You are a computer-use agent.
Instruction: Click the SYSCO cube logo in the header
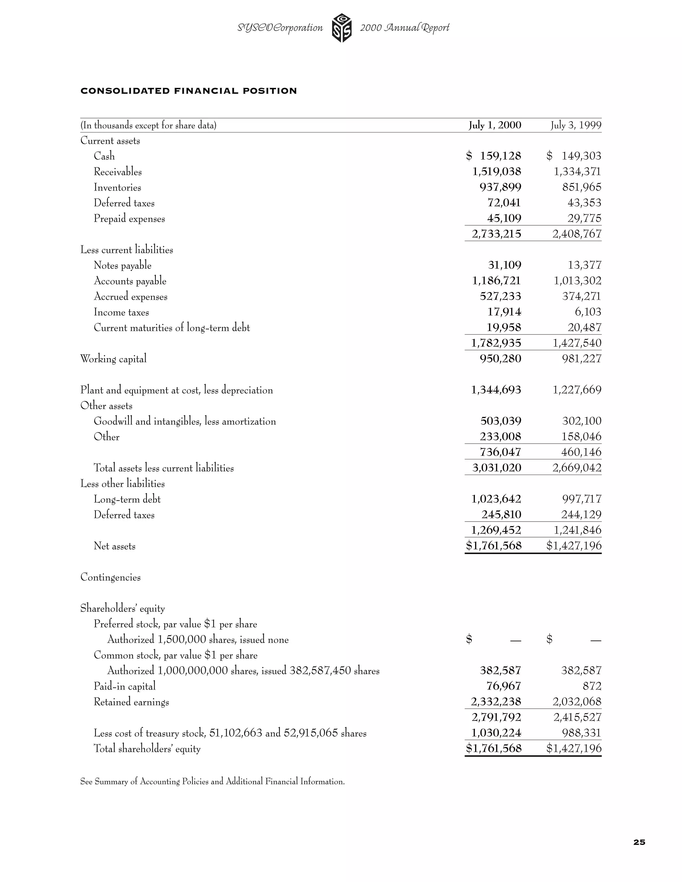coord(341,28)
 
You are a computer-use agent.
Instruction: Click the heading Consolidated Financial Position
coord(189,91)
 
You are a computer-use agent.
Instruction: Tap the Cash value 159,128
coord(500,156)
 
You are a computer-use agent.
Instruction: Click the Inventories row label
coord(117,187)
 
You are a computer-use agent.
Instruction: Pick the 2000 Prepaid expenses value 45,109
coord(504,218)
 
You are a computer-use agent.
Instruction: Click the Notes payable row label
coord(123,265)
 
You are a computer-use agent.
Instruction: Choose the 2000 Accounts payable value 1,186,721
coord(497,281)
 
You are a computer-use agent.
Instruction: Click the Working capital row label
coord(113,358)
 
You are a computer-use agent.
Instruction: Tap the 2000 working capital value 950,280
coord(500,358)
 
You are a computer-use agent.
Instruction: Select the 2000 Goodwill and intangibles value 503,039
coord(501,421)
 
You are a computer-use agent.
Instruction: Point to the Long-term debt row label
coord(127,499)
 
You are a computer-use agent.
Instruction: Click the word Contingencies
coord(110,577)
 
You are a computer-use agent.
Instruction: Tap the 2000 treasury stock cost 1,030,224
coord(496,733)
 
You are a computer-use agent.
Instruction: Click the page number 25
coord(639,842)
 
